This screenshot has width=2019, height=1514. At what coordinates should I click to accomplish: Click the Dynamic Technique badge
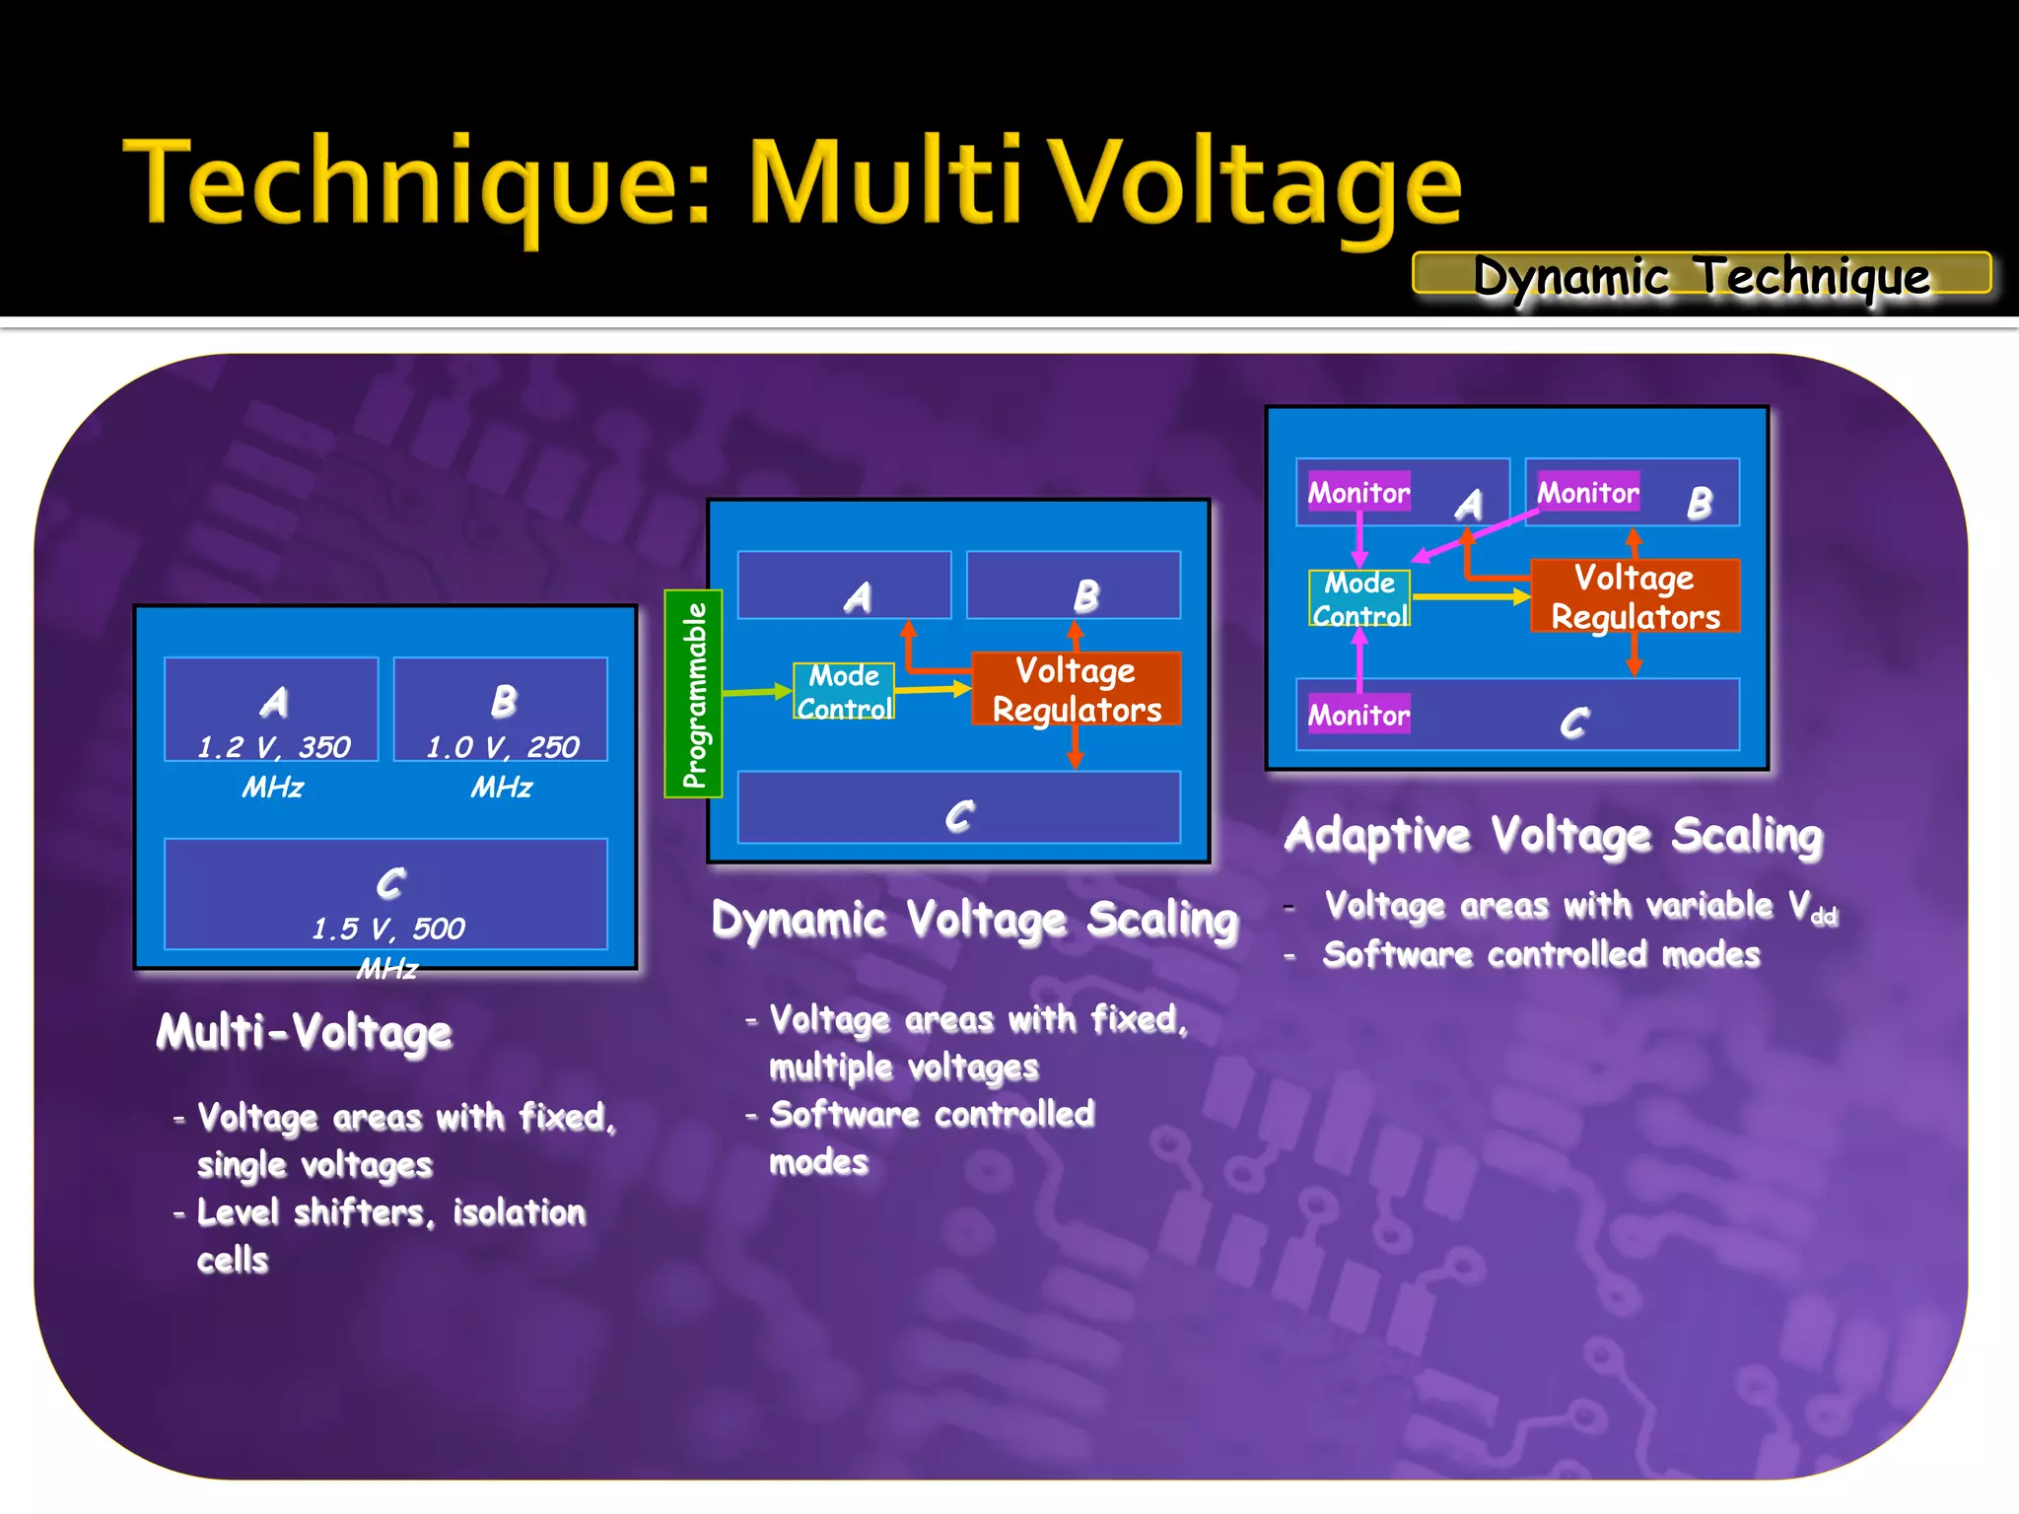(x=1701, y=274)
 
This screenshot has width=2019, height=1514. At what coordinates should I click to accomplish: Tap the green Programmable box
(x=694, y=694)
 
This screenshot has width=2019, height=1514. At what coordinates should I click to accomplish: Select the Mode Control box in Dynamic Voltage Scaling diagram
(x=844, y=691)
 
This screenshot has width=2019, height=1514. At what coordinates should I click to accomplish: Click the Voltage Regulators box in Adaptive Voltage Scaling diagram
(x=1635, y=596)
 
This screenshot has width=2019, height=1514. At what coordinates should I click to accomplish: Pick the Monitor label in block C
(x=1358, y=715)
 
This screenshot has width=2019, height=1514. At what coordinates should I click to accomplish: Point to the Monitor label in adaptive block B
(x=1588, y=492)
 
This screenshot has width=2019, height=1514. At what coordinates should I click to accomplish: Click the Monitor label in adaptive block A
(x=1358, y=492)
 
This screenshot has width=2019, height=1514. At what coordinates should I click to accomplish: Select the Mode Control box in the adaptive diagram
(x=1359, y=598)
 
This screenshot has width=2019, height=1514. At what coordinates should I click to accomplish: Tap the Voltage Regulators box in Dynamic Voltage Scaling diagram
(x=1076, y=689)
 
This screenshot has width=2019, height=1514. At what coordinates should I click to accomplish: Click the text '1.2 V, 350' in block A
(x=273, y=747)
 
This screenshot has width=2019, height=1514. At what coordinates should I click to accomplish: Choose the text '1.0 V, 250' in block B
(x=502, y=747)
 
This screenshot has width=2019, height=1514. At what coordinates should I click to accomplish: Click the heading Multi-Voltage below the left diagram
(x=304, y=1032)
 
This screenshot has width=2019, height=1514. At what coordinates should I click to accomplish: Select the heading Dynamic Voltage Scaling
(x=974, y=920)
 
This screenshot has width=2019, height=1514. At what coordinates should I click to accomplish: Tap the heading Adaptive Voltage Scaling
(x=1554, y=835)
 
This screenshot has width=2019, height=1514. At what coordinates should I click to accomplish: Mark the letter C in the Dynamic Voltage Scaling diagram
(x=959, y=815)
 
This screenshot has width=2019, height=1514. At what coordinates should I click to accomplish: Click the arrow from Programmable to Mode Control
(x=757, y=692)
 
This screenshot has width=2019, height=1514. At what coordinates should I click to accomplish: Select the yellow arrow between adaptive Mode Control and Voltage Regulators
(x=1470, y=596)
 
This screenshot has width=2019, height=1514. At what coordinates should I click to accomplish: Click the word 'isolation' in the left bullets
(x=519, y=1212)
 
